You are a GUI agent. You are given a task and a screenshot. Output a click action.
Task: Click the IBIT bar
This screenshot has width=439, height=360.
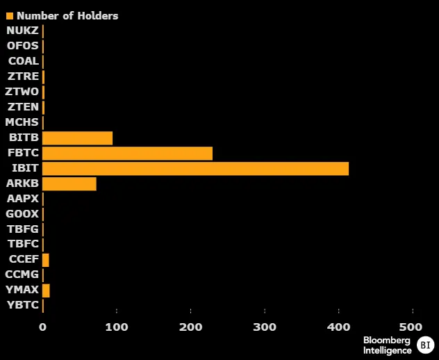click(x=195, y=169)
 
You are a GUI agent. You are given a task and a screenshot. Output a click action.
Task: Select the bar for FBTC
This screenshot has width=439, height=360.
click(x=127, y=154)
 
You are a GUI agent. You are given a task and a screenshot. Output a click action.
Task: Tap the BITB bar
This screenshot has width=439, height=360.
click(x=77, y=138)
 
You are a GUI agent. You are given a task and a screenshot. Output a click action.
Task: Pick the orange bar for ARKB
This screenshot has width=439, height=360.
click(x=69, y=184)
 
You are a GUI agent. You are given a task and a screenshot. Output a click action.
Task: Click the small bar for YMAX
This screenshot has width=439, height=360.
click(x=46, y=291)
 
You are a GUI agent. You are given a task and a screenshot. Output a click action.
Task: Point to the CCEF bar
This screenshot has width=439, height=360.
click(x=46, y=260)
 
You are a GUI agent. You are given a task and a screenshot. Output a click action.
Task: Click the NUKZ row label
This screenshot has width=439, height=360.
click(x=23, y=31)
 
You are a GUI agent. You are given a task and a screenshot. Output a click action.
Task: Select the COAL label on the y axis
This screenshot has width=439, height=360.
click(x=24, y=61)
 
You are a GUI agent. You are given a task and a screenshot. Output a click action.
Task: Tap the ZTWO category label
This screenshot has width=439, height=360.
click(x=22, y=92)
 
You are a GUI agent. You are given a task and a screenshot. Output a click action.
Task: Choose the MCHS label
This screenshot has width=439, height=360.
click(x=22, y=122)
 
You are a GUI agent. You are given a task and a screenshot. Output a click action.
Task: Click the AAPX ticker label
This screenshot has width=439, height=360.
click(x=23, y=199)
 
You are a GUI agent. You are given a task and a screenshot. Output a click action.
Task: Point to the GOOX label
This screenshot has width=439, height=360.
click(x=22, y=214)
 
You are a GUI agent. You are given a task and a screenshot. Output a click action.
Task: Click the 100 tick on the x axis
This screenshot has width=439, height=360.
click(x=117, y=327)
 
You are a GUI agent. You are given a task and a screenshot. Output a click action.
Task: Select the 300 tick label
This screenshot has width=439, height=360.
click(x=265, y=327)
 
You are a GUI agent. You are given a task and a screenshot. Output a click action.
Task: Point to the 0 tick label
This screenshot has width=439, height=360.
click(x=43, y=327)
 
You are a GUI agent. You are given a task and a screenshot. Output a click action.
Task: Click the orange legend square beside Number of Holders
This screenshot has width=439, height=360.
click(x=10, y=15)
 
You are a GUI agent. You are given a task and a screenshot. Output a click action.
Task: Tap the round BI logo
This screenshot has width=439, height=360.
click(x=424, y=344)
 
